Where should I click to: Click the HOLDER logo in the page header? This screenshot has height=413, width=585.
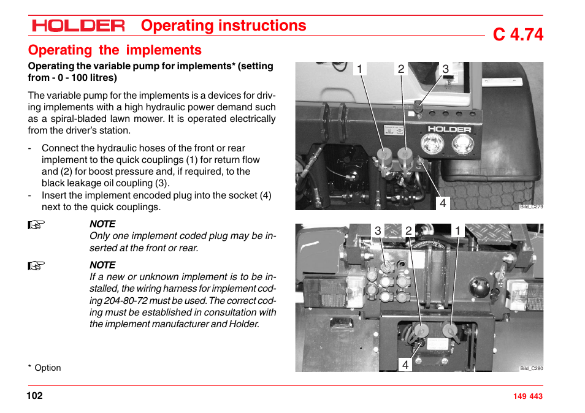coord(78,26)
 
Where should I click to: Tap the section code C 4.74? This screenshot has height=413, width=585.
coord(518,35)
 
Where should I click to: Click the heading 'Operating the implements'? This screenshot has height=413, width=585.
coord(115,50)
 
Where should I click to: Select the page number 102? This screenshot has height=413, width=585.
coord(34,395)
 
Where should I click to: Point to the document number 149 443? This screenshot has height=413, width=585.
coord(527,396)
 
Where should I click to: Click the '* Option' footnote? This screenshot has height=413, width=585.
coord(44,368)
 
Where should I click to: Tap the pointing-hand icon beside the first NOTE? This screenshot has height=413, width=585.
coord(37,225)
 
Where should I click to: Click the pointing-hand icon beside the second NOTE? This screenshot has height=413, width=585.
coord(37,266)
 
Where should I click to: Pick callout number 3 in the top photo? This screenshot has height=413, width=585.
coord(446,69)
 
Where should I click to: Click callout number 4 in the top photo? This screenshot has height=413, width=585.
coord(442,203)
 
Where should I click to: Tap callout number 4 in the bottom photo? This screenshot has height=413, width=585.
coord(405,365)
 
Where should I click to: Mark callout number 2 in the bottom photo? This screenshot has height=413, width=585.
coord(408,230)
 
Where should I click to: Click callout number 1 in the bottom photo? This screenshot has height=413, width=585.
coord(457,230)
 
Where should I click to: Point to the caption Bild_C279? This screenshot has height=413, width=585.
coord(531,206)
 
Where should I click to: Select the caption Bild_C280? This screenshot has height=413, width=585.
coord(531,368)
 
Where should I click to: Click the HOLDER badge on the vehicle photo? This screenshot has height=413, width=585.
coord(449,129)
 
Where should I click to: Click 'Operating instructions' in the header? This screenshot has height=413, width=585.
coord(223,26)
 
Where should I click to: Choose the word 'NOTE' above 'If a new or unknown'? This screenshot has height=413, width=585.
coord(102,265)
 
